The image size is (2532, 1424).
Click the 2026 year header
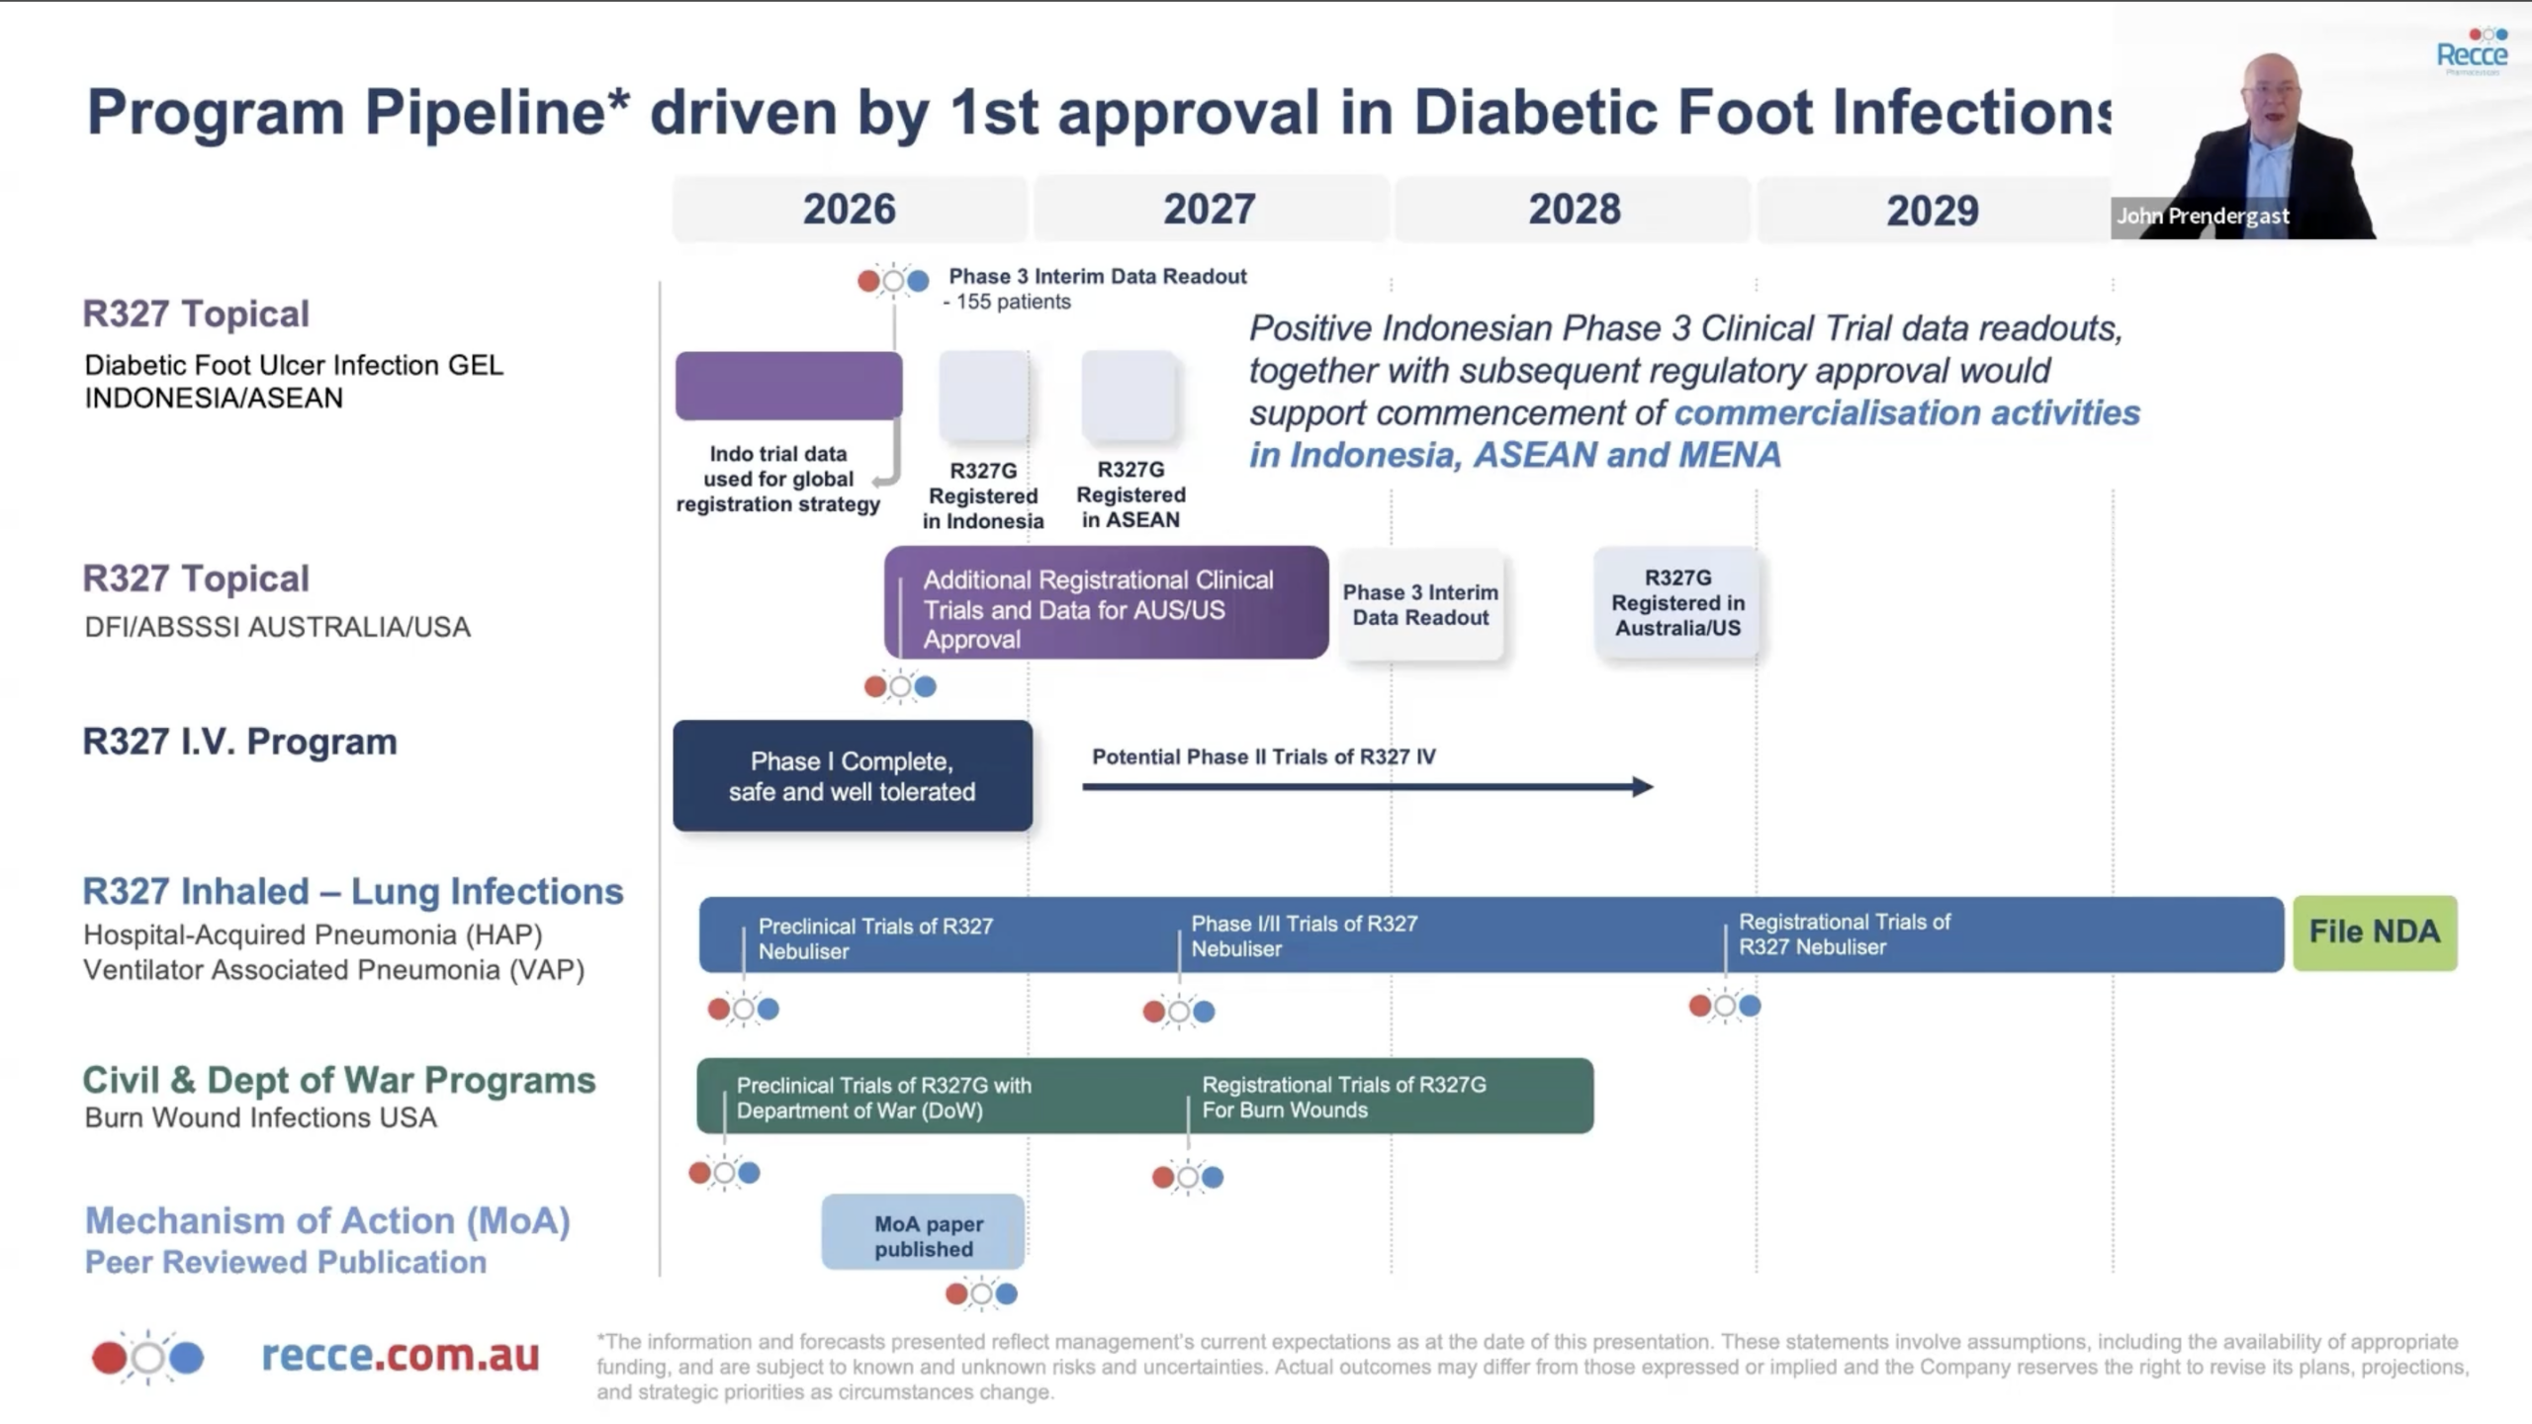[850, 209]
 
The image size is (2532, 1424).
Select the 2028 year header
[1574, 209]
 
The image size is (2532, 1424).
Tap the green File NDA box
[2375, 933]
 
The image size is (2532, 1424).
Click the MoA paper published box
[924, 1232]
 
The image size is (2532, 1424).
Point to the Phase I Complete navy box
[853, 776]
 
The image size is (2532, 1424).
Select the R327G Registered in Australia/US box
[1677, 602]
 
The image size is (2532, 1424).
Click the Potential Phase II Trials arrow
[1367, 787]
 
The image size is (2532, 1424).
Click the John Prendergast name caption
[2203, 216]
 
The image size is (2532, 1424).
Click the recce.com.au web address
[401, 1356]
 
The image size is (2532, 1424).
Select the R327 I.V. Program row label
[240, 742]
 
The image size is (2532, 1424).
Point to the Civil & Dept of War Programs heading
[339, 1080]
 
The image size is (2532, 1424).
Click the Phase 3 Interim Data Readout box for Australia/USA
[1421, 605]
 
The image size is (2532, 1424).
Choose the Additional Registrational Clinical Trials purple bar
[1107, 602]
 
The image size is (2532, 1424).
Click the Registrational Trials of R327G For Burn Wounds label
[1344, 1097]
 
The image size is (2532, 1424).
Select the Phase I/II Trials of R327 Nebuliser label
[1304, 935]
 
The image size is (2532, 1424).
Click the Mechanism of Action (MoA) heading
[327, 1221]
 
